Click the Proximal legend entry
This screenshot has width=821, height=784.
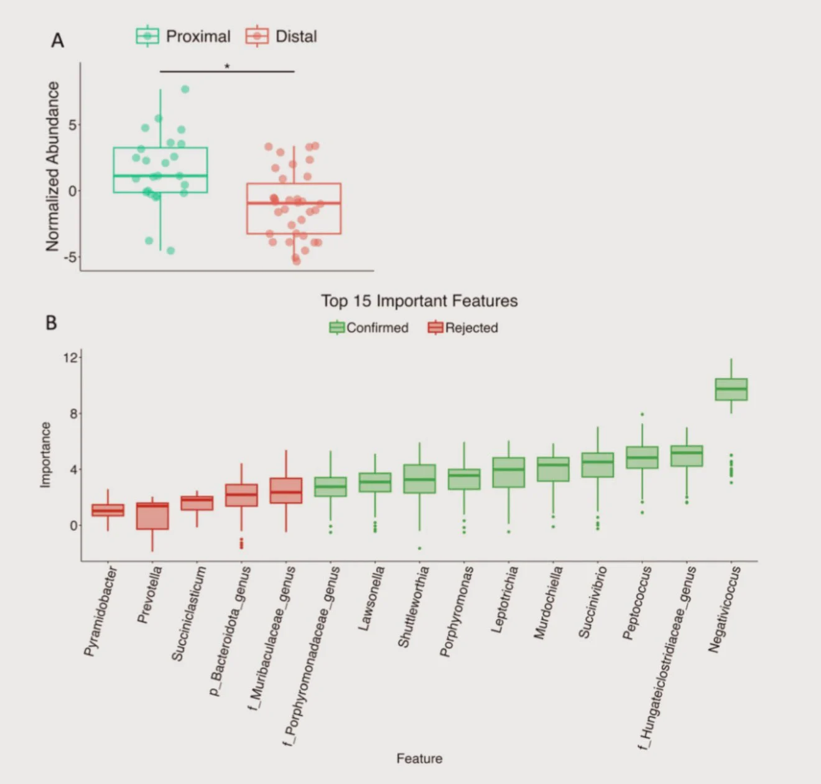(x=183, y=36)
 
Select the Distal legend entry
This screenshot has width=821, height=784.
(x=282, y=36)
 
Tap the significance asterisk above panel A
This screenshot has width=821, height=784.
(x=227, y=67)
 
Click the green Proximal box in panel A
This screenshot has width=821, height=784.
(x=160, y=170)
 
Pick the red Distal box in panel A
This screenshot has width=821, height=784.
(x=294, y=208)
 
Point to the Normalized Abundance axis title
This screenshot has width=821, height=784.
(x=52, y=167)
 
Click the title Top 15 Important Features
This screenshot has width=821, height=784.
(x=419, y=301)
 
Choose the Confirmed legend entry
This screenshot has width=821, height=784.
(x=369, y=328)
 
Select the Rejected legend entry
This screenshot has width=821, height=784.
(x=463, y=328)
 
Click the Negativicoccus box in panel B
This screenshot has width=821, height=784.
(x=731, y=390)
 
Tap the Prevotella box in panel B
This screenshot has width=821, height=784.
(x=152, y=516)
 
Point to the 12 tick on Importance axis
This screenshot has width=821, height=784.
(x=70, y=358)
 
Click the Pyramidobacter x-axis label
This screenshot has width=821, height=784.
(x=100, y=611)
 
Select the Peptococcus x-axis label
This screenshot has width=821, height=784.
(x=638, y=602)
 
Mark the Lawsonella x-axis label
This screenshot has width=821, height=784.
(x=372, y=598)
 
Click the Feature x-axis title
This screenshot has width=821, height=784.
(x=419, y=758)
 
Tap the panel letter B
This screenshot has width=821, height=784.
(x=51, y=323)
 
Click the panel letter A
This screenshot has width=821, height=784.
(x=57, y=40)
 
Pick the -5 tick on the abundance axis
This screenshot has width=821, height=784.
(x=70, y=257)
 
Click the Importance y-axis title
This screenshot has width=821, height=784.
(x=45, y=455)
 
